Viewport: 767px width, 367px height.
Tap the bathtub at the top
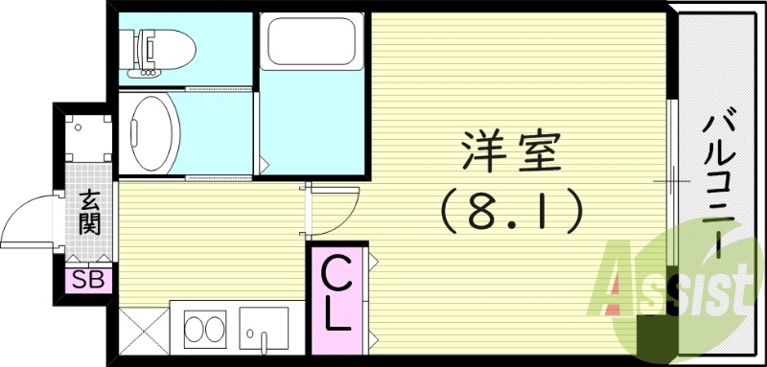coord(312,44)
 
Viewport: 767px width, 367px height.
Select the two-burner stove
coord(202,330)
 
